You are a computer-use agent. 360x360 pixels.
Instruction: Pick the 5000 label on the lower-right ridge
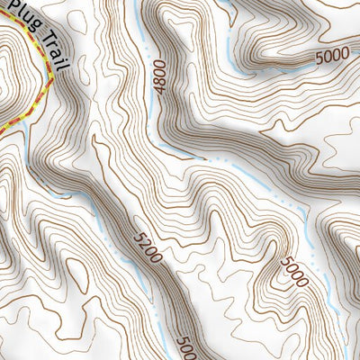click(293, 271)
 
